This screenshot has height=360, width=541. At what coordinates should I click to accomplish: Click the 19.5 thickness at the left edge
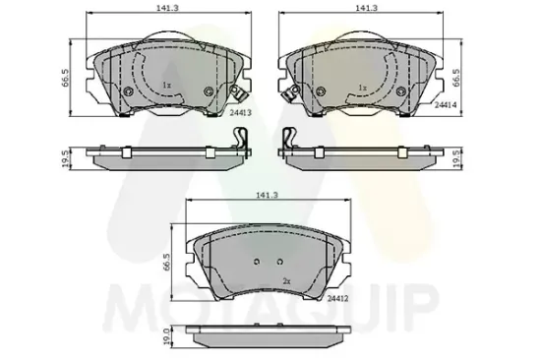(66, 156)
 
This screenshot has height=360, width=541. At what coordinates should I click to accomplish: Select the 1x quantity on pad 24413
(167, 86)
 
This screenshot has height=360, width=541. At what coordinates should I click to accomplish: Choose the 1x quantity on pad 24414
(363, 87)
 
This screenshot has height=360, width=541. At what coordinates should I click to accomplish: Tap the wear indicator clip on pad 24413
(237, 96)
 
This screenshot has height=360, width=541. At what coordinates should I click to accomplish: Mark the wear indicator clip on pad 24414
(290, 96)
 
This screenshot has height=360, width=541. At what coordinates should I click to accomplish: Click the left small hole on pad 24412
(255, 263)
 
